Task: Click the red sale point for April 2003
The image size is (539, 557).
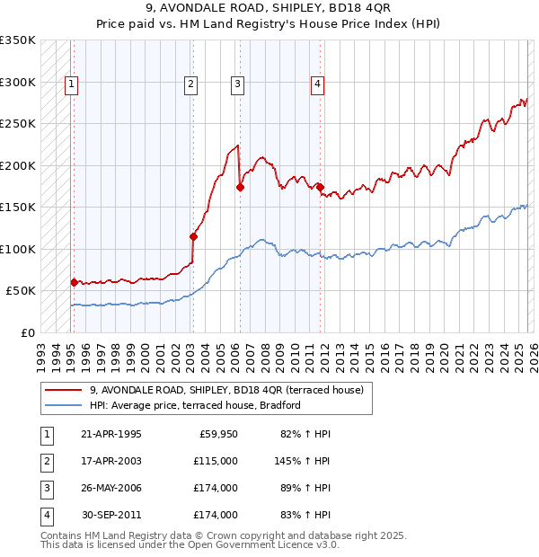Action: pos(193,237)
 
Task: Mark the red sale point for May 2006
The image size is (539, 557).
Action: pos(240,188)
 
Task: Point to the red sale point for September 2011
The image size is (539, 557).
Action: pos(320,187)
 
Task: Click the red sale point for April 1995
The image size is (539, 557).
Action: pos(74,282)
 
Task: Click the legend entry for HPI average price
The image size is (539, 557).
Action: pos(194,405)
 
